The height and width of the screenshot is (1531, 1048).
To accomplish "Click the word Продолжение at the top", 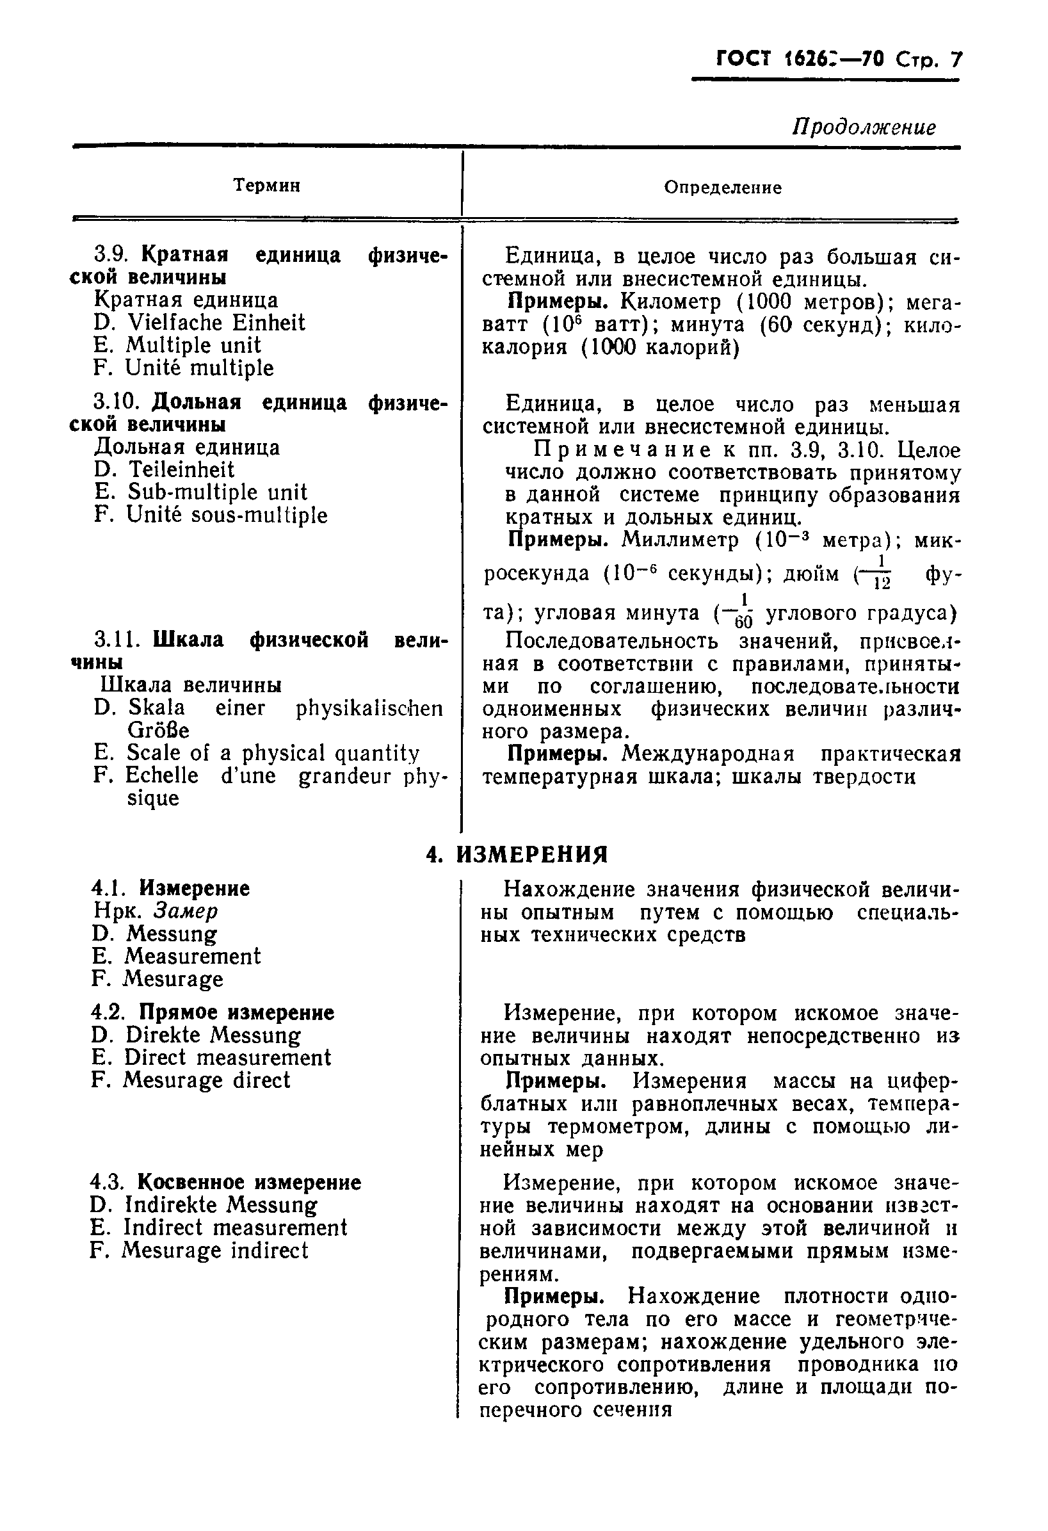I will [x=863, y=127].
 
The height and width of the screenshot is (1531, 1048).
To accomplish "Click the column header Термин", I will [x=267, y=186].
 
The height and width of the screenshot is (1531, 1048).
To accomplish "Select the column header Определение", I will [x=723, y=188].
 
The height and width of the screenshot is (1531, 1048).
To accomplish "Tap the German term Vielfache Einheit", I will [x=215, y=323].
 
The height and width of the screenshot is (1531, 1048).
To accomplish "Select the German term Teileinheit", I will [x=181, y=470].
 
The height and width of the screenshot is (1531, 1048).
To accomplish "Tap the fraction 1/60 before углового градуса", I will [x=743, y=612].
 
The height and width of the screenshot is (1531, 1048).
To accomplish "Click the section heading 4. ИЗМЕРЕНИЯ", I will [x=517, y=855].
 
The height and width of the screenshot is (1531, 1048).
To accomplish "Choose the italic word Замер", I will [x=185, y=911].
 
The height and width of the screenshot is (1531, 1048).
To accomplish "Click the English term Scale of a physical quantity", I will [x=272, y=753].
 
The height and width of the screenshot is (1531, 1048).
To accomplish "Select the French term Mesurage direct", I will [x=206, y=1080].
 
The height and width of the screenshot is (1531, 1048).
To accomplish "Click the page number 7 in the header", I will [x=955, y=60].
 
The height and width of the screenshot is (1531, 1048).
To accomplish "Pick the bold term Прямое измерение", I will [x=236, y=1012].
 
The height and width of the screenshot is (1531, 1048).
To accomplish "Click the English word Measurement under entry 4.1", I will [x=192, y=957].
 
